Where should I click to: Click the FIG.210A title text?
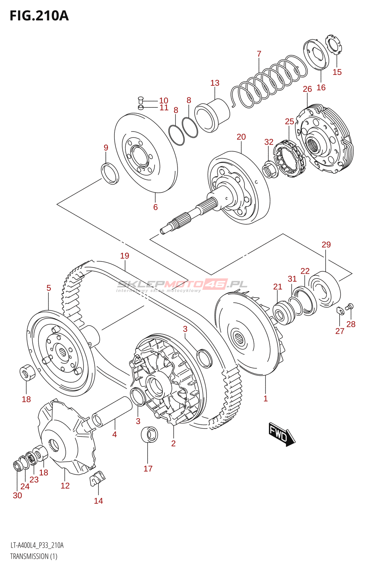(x=39, y=16)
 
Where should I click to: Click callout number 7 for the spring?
(x=259, y=54)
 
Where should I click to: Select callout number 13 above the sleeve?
(x=215, y=83)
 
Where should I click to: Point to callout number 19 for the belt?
(x=124, y=256)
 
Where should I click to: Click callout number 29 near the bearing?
(x=326, y=245)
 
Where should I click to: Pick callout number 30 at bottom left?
(x=17, y=495)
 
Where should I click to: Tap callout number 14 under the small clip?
(x=98, y=501)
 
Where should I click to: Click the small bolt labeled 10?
(x=140, y=100)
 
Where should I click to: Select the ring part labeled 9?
(x=110, y=173)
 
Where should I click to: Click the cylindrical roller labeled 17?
(x=149, y=434)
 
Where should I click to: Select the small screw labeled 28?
(x=350, y=306)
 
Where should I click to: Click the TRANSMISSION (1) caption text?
(x=34, y=556)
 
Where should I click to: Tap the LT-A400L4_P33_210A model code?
(x=37, y=545)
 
